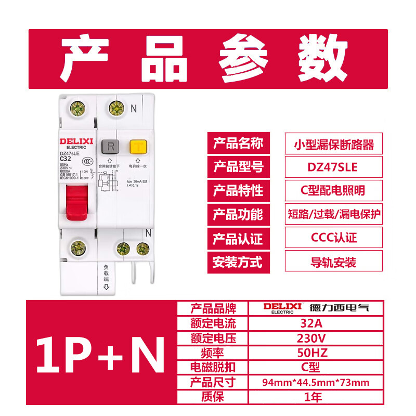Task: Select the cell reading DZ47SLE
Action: (x=333, y=167)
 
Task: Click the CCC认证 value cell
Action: (x=333, y=239)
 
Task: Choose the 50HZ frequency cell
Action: (x=313, y=353)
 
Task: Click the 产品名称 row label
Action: (x=238, y=144)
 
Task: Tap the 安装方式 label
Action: (x=238, y=262)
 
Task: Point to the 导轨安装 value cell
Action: (x=333, y=263)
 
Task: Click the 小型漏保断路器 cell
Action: (x=333, y=144)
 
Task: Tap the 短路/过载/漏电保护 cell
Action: (x=333, y=215)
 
